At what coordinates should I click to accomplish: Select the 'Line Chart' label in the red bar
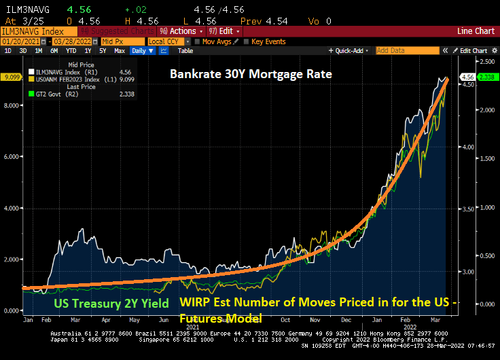(x=476, y=31)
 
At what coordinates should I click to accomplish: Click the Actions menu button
(x=179, y=31)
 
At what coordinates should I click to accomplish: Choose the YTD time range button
(x=70, y=51)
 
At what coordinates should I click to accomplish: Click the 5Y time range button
(x=103, y=51)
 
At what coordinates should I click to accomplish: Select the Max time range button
(x=119, y=51)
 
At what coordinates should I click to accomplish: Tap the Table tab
(x=185, y=51)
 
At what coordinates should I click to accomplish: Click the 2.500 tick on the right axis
(x=486, y=62)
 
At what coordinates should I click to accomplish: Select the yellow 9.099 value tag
(x=13, y=77)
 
